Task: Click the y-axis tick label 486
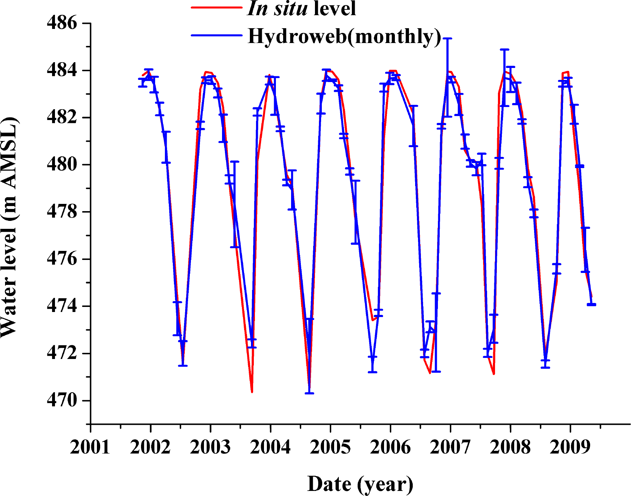point(62,23)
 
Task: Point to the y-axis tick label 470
point(62,401)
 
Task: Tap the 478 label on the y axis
point(62,212)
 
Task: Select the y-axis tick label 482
point(62,117)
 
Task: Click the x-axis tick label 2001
point(90,447)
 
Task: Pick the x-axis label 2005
point(330,447)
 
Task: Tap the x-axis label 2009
point(570,447)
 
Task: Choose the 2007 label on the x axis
point(450,447)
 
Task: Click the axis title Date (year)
point(360,484)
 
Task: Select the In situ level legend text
point(302,8)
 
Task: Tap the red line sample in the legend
point(216,8)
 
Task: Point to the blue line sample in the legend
point(216,35)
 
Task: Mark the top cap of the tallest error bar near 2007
point(448,38)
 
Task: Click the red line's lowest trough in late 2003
point(252,392)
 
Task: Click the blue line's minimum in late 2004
point(309,393)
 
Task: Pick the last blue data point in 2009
point(591,304)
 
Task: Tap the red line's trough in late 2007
point(494,374)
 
